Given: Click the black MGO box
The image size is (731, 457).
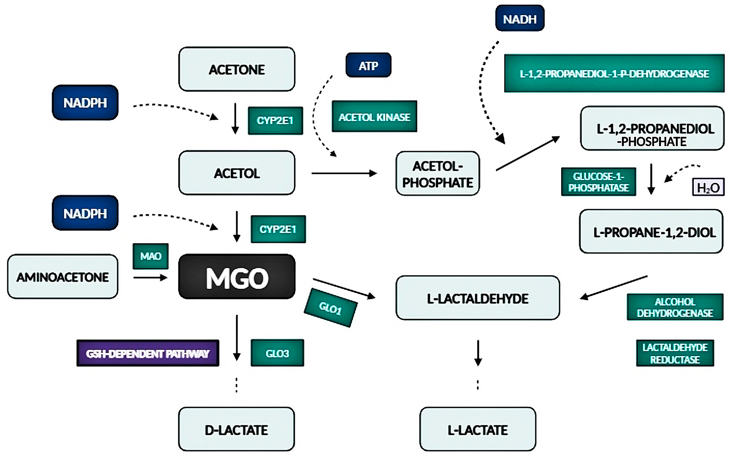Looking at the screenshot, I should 237,277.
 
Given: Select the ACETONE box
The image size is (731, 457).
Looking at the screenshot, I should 237,69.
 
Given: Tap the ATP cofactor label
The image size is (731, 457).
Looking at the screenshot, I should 368,65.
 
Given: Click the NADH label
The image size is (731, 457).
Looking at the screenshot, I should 520,18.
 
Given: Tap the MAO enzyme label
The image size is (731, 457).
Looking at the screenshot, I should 151,256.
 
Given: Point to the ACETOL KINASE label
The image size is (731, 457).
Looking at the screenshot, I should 374,117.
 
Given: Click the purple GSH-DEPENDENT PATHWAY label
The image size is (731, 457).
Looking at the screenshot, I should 148,353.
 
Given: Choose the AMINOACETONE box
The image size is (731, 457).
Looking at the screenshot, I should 63,277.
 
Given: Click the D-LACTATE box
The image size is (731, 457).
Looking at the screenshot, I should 236,429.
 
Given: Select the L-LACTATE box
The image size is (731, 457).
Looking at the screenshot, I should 478,429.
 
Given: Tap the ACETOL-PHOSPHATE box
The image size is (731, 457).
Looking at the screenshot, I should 437,174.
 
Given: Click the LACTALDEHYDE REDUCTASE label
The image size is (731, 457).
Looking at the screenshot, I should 675,353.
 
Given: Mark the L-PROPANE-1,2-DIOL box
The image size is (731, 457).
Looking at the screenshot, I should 651,232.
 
